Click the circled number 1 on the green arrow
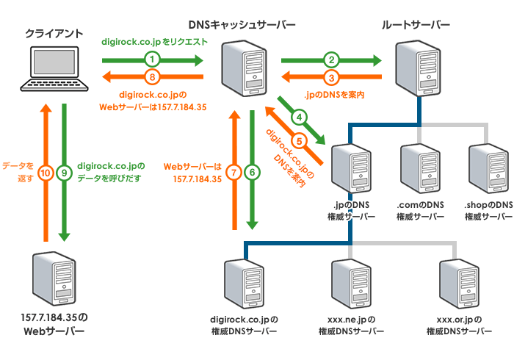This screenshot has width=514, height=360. (152, 59)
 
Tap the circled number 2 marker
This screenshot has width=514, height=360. (332, 59)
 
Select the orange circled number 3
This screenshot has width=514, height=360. (332, 76)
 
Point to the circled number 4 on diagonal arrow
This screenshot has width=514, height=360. (299, 117)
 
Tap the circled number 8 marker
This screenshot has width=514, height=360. (152, 76)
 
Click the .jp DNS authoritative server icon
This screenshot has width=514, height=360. (351, 170)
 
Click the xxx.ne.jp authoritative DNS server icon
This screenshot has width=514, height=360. (351, 285)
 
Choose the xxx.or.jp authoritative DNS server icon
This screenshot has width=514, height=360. (459, 285)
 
